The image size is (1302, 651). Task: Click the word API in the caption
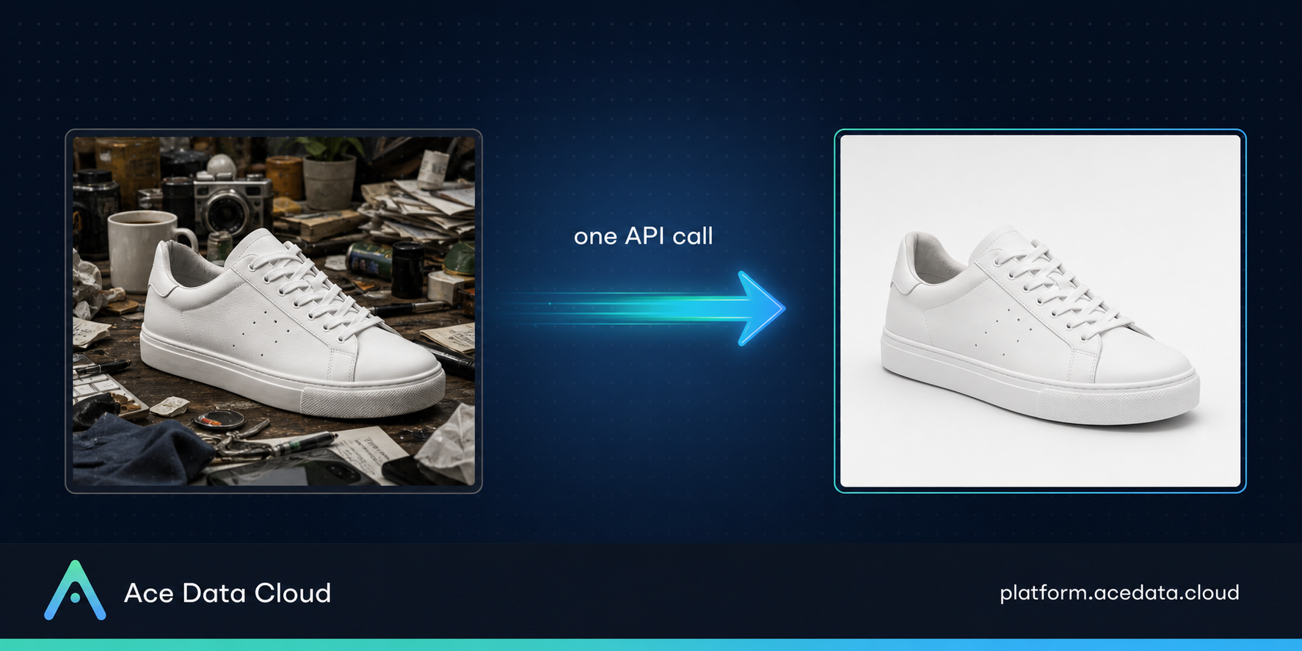tap(645, 236)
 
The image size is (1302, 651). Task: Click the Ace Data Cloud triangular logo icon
tap(75, 591)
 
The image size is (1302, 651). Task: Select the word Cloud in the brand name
tap(293, 593)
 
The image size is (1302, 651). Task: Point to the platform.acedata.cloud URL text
tap(1119, 593)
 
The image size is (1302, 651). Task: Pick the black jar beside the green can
tap(407, 268)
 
